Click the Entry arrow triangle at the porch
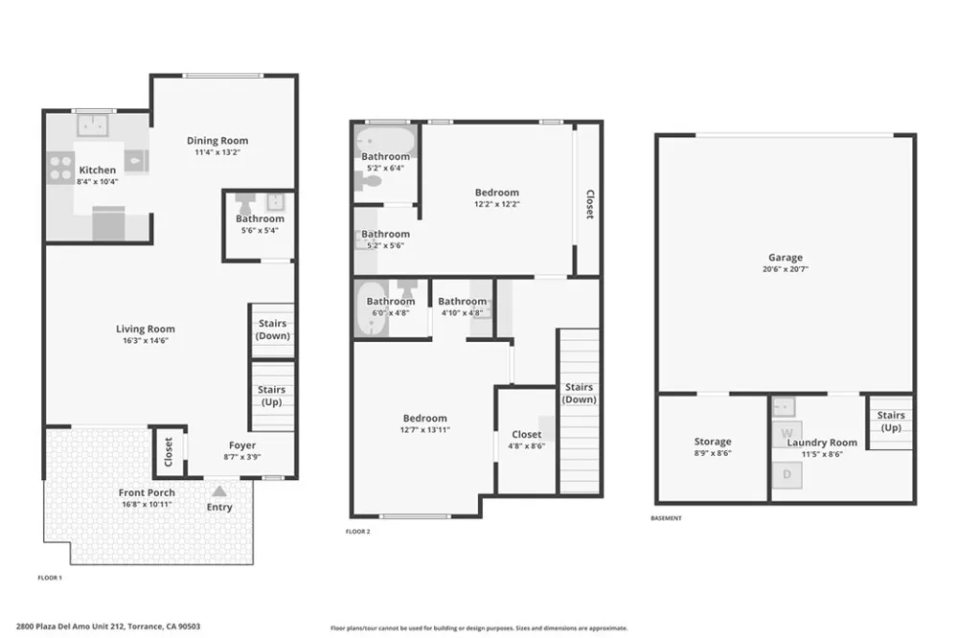pos(219,490)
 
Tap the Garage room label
pos(786,258)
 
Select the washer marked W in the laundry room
pos(787,434)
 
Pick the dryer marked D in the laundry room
pos(787,474)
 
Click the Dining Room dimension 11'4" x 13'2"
pos(217,152)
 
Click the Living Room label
pos(146,329)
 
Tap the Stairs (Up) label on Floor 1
pos(271,396)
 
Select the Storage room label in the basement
pos(713,442)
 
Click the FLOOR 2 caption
pos(357,532)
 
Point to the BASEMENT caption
pos(666,518)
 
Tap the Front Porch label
pos(147,492)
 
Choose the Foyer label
pos(242,445)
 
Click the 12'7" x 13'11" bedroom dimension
pos(424,429)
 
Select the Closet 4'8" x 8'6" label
pos(527,440)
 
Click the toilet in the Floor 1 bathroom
pos(245,202)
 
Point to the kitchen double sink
pos(93,125)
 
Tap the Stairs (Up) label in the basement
pos(891,422)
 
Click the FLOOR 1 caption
pos(50,578)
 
